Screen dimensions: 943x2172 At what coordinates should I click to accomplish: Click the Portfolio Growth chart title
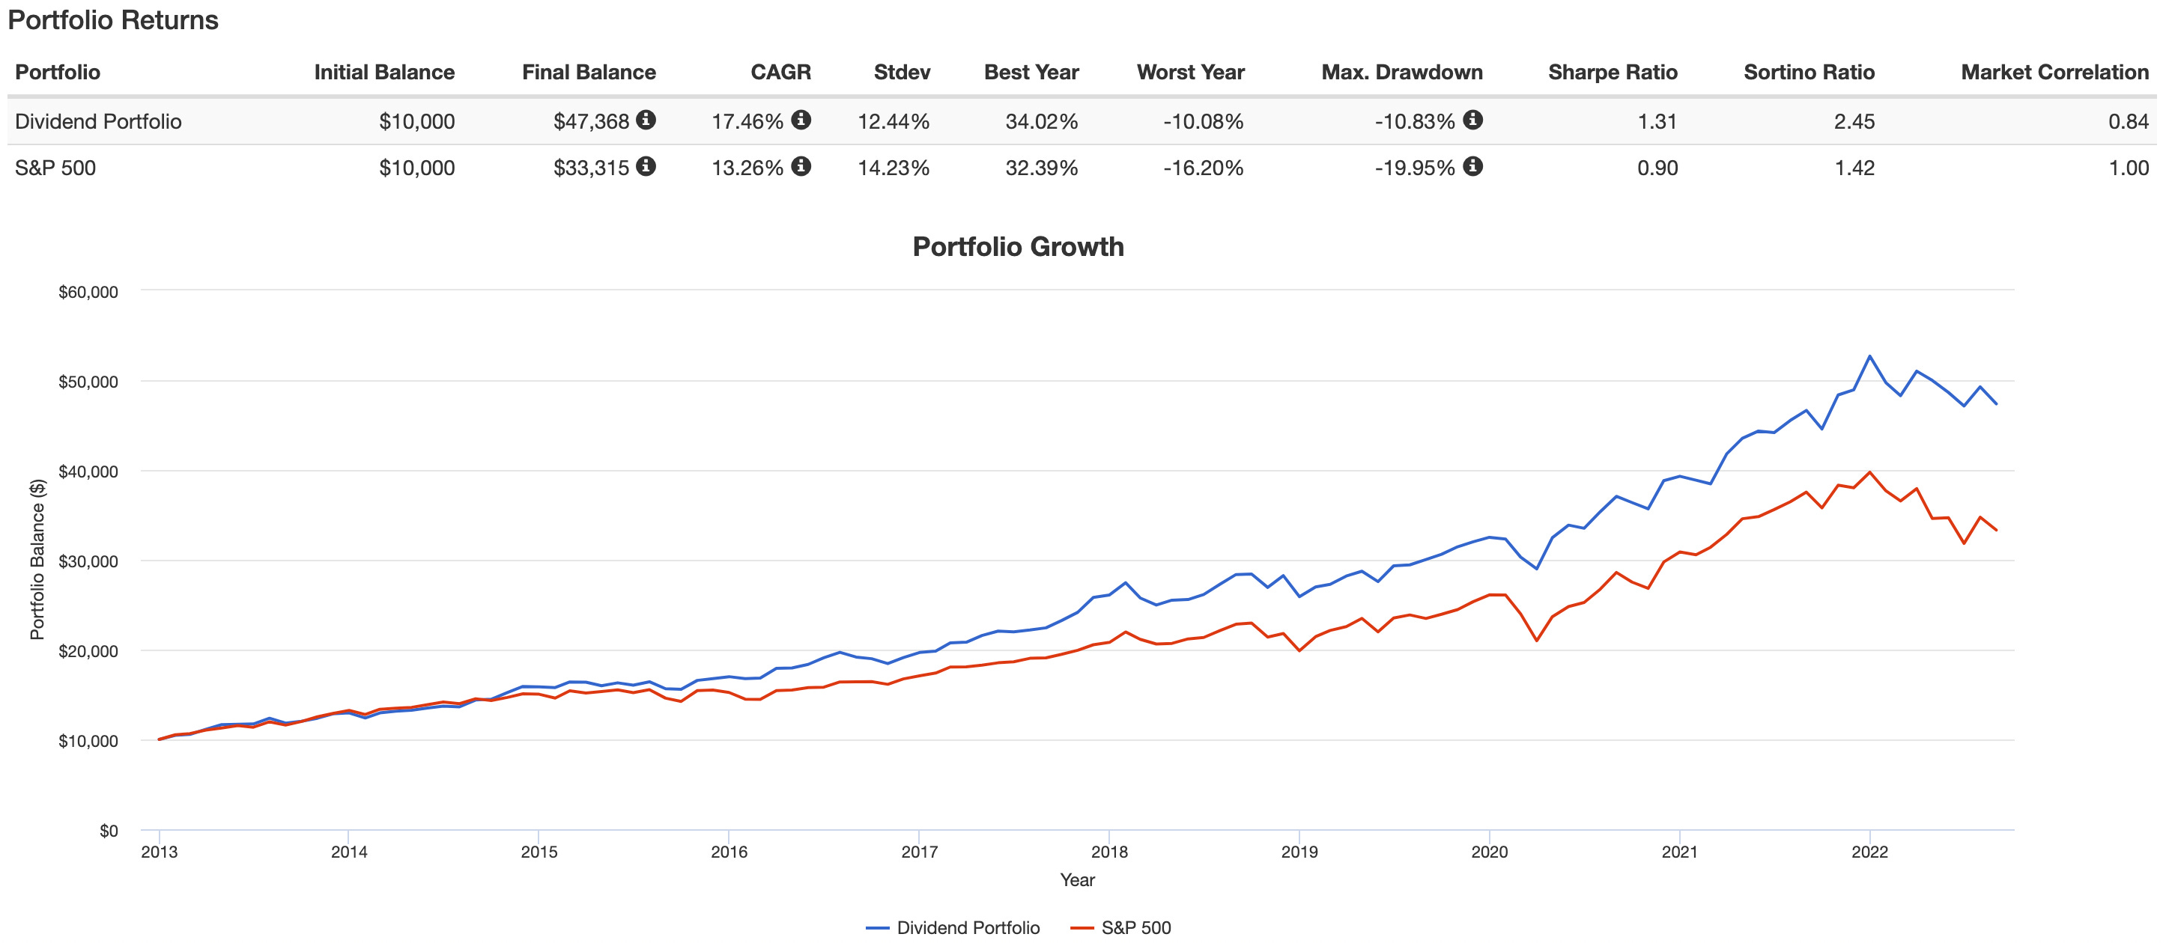[1018, 247]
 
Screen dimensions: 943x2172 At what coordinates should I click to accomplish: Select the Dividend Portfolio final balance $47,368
[591, 121]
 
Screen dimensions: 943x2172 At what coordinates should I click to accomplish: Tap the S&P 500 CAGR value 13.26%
[747, 168]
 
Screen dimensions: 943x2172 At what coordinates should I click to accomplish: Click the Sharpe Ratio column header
[1612, 73]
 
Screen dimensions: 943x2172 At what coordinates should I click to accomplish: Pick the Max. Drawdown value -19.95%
[1414, 168]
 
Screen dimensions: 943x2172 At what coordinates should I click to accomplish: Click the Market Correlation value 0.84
[2127, 121]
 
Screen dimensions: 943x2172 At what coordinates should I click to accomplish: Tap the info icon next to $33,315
[646, 166]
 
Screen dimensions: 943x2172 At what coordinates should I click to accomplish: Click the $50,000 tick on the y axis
[88, 382]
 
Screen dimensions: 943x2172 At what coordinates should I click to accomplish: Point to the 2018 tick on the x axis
[1108, 852]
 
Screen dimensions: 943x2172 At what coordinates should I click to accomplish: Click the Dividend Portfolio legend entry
[953, 927]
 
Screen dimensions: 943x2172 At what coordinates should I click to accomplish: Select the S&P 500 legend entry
[1121, 927]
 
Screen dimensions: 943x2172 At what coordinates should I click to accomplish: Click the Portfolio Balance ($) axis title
[37, 560]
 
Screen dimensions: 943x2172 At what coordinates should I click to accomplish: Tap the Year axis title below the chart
[1077, 880]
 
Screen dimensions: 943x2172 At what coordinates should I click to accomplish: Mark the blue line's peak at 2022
[1869, 356]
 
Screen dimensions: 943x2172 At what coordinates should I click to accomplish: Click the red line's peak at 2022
[1869, 473]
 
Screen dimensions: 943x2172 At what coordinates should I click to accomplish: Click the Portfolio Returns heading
[113, 20]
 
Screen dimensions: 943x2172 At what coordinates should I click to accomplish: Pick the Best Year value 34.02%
[1041, 121]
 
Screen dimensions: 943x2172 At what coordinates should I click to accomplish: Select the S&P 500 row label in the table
[55, 168]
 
